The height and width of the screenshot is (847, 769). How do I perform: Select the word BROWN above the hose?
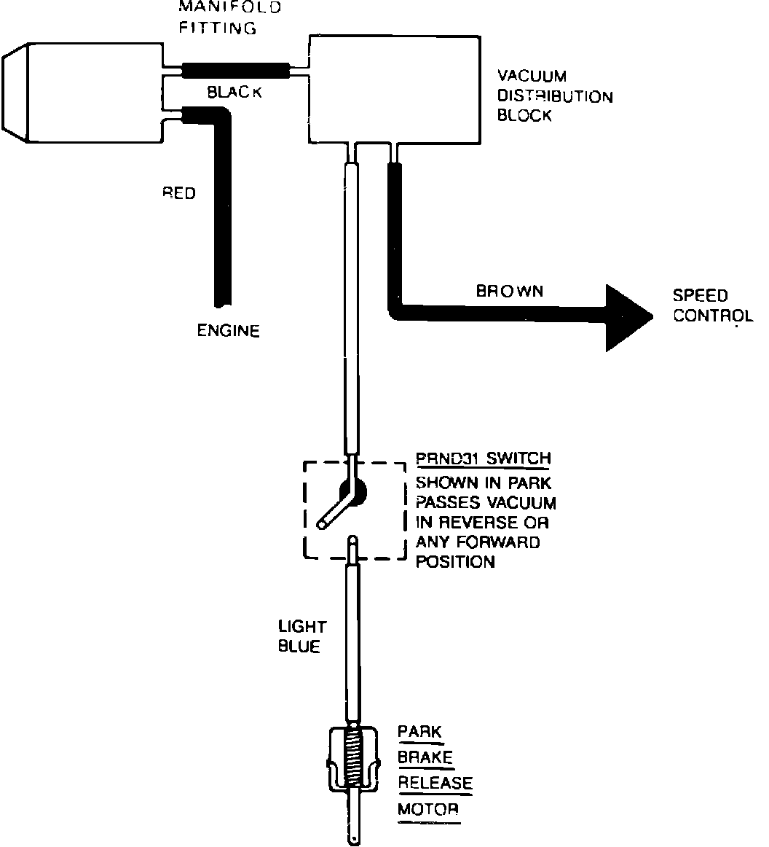coord(510,291)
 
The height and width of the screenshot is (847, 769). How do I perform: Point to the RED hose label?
coord(179,193)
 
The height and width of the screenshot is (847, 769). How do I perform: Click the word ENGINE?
coord(229,331)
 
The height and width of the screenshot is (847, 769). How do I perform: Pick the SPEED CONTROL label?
coord(712,306)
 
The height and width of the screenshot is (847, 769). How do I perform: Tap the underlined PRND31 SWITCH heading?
coord(483,459)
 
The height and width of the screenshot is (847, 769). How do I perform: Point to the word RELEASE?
coord(435,783)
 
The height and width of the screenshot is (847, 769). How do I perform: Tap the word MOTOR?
coord(428,809)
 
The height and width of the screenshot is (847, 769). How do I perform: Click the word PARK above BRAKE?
coord(419,731)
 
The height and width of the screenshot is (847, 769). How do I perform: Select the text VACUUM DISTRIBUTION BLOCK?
coord(554,95)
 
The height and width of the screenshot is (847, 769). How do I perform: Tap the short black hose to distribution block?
coord(234,71)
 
